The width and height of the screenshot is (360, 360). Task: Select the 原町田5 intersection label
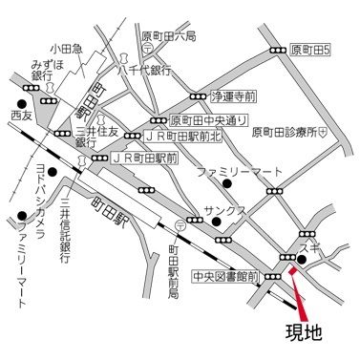312,49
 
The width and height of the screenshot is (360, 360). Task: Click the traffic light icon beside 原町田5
277,50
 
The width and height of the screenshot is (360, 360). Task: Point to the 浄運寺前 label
235,96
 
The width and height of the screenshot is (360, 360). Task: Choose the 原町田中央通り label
209,121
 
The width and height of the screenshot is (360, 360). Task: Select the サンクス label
225,209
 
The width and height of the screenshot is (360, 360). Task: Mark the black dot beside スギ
300,260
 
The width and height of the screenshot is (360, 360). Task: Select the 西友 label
22,115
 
